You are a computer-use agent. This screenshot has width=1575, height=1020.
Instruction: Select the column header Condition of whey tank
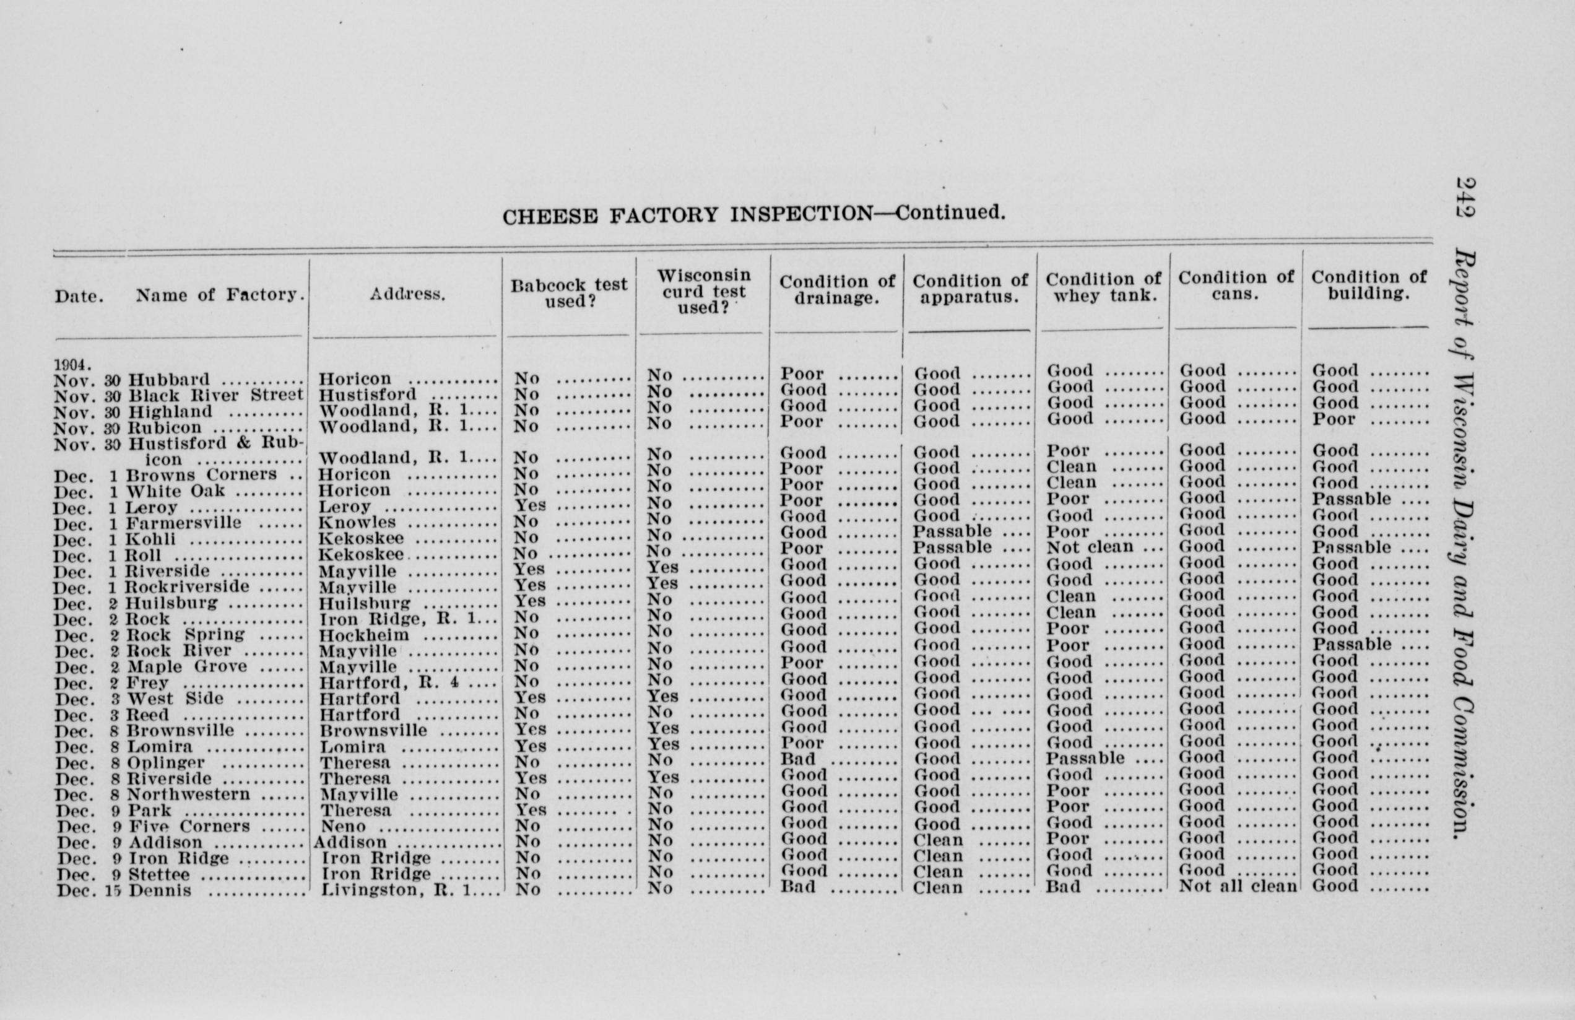click(x=1103, y=288)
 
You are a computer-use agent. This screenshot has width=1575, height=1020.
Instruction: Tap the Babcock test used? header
click(x=568, y=293)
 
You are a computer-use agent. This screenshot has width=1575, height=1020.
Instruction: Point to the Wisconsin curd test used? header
click(x=703, y=291)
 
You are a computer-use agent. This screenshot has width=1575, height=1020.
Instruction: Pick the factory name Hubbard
click(x=168, y=380)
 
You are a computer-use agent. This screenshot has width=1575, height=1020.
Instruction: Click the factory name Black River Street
click(x=215, y=396)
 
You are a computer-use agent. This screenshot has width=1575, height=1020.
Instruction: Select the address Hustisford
click(x=367, y=395)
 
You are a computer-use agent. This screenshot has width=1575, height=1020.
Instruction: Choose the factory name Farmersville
click(x=184, y=523)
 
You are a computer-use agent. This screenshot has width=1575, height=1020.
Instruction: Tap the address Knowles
click(x=357, y=523)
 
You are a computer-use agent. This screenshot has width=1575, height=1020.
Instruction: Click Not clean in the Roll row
click(x=1089, y=547)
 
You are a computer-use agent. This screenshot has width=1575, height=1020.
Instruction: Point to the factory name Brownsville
click(x=180, y=731)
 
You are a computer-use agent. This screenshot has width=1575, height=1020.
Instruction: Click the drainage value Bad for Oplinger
click(x=797, y=759)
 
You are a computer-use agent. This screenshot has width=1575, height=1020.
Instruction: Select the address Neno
click(x=343, y=826)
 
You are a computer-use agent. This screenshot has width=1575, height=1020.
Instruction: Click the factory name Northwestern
click(x=188, y=795)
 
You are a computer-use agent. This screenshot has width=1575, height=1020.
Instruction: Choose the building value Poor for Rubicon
click(x=1334, y=420)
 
